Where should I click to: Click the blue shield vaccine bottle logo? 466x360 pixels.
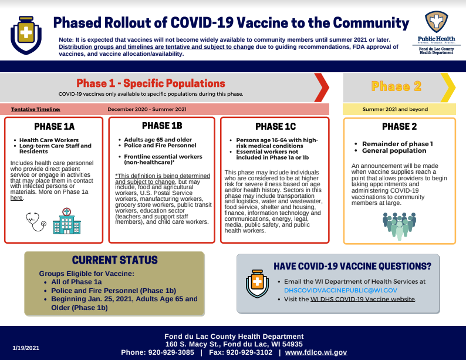(26, 35)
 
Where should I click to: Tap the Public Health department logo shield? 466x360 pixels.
(436, 22)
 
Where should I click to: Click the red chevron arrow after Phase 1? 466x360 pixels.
(322, 88)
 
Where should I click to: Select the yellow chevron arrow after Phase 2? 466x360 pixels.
(448, 88)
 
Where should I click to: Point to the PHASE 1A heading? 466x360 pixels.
(55, 127)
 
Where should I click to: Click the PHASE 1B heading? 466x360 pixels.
(162, 126)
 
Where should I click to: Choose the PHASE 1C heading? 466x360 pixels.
(275, 127)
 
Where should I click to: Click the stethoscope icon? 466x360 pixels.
(36, 221)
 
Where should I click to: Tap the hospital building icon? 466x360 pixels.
(67, 221)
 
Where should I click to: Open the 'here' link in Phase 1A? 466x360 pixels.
(16, 198)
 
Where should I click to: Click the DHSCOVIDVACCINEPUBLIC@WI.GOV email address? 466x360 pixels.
(340, 291)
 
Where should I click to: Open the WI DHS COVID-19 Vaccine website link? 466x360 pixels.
(363, 299)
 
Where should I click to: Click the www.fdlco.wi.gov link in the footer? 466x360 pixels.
(316, 352)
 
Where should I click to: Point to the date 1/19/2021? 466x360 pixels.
(26, 348)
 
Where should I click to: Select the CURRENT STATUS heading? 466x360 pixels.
(114, 260)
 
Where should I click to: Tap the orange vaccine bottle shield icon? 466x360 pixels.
(258, 284)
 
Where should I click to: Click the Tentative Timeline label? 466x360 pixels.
(36, 109)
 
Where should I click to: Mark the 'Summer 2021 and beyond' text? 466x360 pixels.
(395, 109)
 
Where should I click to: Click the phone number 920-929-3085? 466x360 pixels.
(171, 352)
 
